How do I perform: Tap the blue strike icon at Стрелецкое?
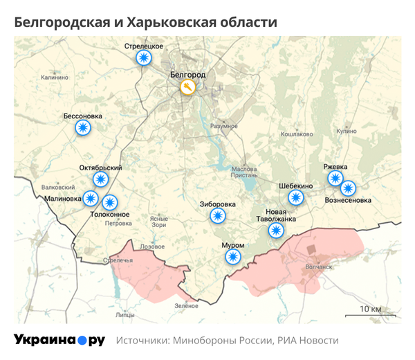coord(143,58)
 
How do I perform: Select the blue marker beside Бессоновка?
coord(83,127)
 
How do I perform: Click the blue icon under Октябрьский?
coord(101,179)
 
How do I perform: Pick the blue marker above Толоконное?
coord(110,202)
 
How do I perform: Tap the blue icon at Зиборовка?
coord(218,216)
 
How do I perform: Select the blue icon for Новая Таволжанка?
coord(277,230)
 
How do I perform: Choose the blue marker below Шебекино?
coord(296,197)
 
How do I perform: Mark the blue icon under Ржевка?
coord(335,179)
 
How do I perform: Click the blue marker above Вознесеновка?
coord(348,188)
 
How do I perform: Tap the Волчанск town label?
coord(319,266)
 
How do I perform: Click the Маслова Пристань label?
coord(244,172)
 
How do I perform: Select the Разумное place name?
coord(224,127)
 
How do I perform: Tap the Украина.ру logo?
coord(59,340)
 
